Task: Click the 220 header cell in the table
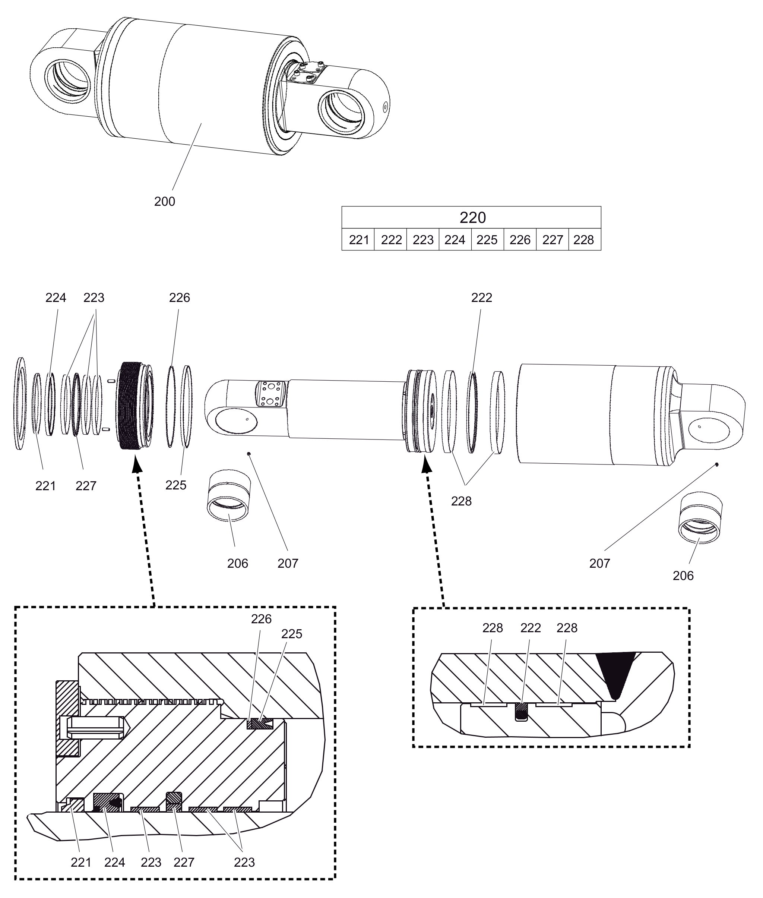point(472,218)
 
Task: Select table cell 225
point(487,240)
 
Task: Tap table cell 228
point(583,240)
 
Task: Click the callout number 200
point(165,202)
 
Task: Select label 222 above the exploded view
point(481,298)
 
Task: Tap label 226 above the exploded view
point(180,298)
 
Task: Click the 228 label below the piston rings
point(461,501)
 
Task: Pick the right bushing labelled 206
point(700,518)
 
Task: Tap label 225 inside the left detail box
point(292,634)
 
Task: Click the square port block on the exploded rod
point(271,393)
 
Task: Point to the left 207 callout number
point(288,564)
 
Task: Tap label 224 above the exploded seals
point(56,298)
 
